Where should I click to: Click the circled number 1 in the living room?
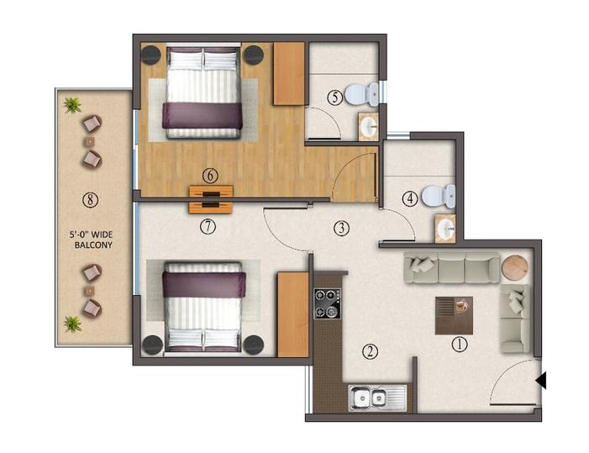pos(459,344)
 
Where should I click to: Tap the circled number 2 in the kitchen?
pos(369,351)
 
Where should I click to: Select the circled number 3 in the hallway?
pos(340,227)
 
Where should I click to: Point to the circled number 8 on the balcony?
pos(90,199)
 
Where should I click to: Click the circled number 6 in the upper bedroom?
pos(209,176)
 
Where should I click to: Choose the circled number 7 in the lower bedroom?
pos(209,225)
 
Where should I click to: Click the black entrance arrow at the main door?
pos(541,381)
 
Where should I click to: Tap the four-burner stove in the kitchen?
pos(325,303)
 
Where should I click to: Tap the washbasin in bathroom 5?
pos(368,127)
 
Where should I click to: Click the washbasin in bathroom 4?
pos(444,227)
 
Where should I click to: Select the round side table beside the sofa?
pos(514,267)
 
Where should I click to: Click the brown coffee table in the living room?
pos(454,316)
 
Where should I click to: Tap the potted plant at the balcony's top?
pos(73,105)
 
